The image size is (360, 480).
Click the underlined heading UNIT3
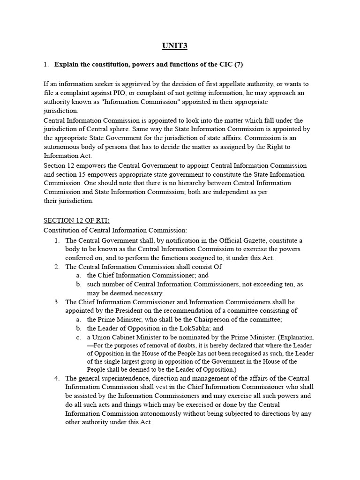pos(175,45)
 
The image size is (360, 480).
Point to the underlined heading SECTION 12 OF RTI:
pos(76,220)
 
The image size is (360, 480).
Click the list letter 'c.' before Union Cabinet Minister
pos(78,337)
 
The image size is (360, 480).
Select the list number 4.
pos(57,378)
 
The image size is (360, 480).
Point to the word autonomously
pos(180,413)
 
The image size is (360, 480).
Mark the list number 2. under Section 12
pos(57,266)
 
